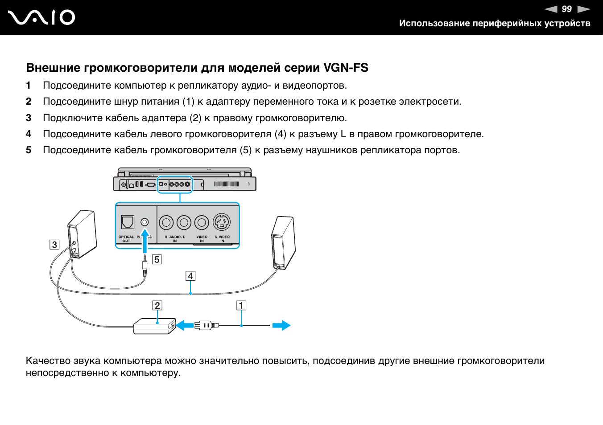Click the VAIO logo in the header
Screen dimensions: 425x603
coord(41,17)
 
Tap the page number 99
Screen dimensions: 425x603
coord(566,9)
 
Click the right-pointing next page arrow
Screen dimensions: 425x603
coord(583,9)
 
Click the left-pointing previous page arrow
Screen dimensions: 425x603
coord(551,9)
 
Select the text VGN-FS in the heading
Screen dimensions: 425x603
coord(346,68)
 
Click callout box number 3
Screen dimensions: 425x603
coord(54,245)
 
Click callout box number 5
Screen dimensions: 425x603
coord(157,259)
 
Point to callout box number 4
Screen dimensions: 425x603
coord(190,276)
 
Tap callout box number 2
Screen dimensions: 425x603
coord(157,305)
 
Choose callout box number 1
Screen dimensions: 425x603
coord(241,305)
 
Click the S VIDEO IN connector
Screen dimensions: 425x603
coord(222,222)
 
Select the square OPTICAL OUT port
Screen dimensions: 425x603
coord(128,222)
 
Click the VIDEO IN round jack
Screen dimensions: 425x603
coord(202,222)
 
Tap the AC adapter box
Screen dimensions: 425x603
coord(154,326)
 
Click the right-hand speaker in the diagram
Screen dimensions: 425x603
coord(283,243)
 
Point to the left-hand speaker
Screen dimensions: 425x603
coord(82,234)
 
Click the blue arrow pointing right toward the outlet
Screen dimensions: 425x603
coord(281,326)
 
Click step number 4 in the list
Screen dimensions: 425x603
coord(29,134)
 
